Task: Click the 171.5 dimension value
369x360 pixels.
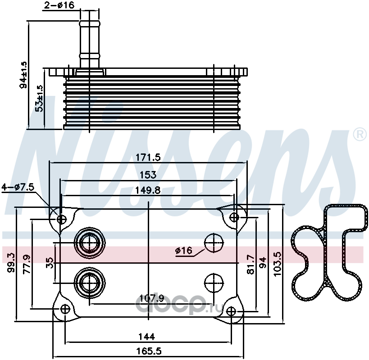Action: click(x=148, y=157)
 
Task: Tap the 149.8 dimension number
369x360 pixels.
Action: click(x=148, y=190)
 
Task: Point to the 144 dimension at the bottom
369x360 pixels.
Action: click(x=147, y=337)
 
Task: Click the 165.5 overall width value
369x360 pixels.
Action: click(x=149, y=351)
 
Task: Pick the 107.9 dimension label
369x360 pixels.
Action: click(x=151, y=298)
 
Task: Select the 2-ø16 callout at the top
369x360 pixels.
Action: click(x=59, y=5)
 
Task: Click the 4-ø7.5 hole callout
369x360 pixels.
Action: click(x=18, y=187)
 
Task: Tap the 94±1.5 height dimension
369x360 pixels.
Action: click(x=23, y=75)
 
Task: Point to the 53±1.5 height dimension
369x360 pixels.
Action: click(x=39, y=98)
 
